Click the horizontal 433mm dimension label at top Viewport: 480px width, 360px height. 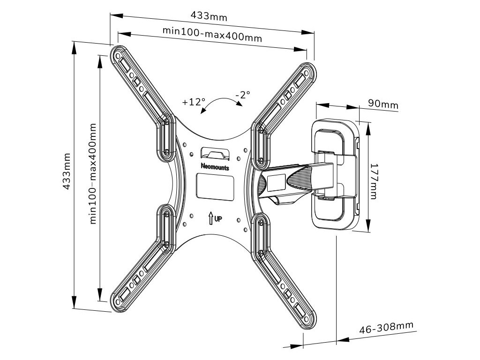209,16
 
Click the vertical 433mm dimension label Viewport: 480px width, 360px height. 67,171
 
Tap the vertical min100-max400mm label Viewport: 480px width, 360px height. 93,173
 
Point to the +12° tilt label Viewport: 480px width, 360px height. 194,102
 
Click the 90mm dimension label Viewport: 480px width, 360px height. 382,104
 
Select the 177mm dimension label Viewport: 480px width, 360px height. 373,181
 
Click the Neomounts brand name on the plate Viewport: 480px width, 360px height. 215,165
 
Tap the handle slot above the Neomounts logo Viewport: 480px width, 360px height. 215,153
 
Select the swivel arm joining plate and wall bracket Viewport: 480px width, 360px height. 291,180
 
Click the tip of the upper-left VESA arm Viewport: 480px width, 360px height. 118,55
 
